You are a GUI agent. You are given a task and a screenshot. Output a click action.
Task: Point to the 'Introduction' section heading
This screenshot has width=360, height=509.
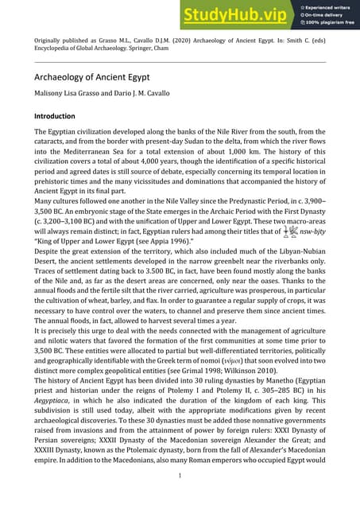[x=60, y=116]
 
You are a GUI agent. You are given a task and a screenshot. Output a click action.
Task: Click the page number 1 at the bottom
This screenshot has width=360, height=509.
[x=180, y=498]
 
